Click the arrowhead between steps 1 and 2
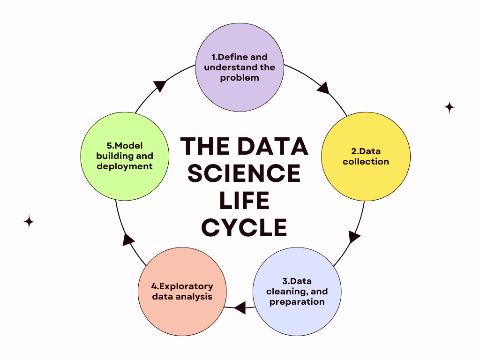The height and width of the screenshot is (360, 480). (x=323, y=88)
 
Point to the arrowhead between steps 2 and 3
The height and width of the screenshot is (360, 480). (x=354, y=236)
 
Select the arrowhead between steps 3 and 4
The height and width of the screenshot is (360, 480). (x=240, y=307)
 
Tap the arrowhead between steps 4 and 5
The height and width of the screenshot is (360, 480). (x=128, y=240)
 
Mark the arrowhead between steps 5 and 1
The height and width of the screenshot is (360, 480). (x=160, y=86)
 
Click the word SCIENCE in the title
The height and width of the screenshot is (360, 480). (x=244, y=173)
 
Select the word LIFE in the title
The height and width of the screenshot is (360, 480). (x=244, y=201)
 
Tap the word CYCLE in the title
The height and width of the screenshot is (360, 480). (x=244, y=228)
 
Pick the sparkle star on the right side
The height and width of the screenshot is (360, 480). (x=449, y=107)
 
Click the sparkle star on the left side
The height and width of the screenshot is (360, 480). (x=29, y=222)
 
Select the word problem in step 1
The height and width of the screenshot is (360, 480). (x=240, y=78)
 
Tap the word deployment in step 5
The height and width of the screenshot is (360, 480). (x=125, y=166)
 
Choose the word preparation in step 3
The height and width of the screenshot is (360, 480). (x=297, y=301)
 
